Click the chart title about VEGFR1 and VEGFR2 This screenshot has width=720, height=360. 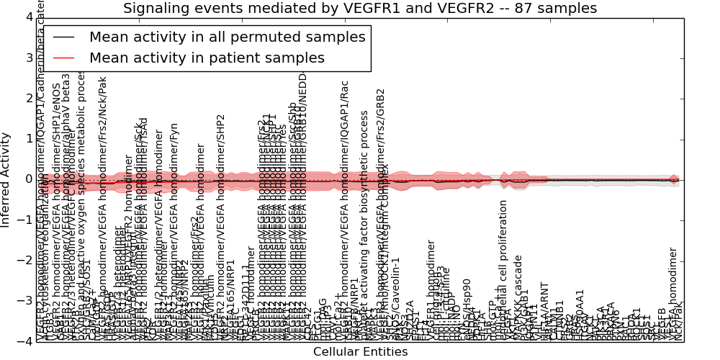tap(360, 9)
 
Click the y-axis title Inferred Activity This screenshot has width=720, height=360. tap(6, 179)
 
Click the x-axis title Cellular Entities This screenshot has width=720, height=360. tap(360, 352)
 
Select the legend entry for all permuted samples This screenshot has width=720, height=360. tap(222, 36)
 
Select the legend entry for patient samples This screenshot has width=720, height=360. tap(207, 58)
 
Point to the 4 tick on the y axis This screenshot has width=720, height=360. tap(27, 17)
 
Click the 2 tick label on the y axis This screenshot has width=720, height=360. tap(27, 98)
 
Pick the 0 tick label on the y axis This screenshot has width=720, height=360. tap(27, 179)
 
